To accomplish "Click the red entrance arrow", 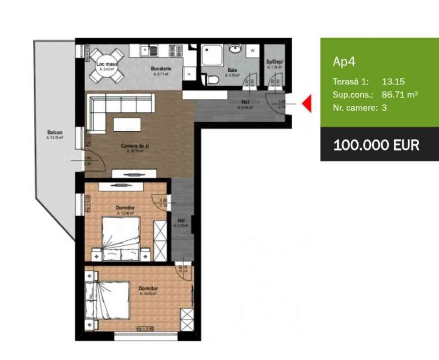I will (x=307, y=104).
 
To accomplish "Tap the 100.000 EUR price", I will (x=376, y=145).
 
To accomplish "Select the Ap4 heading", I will (x=344, y=62).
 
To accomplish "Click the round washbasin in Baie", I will (x=235, y=48).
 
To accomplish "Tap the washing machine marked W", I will (x=252, y=51).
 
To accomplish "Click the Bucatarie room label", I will (x=161, y=69).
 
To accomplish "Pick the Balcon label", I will (x=55, y=132).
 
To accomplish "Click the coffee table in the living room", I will (x=126, y=124).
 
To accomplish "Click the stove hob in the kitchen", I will (x=176, y=51).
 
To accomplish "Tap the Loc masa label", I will (x=107, y=64).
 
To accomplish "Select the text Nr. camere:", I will (x=353, y=108).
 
